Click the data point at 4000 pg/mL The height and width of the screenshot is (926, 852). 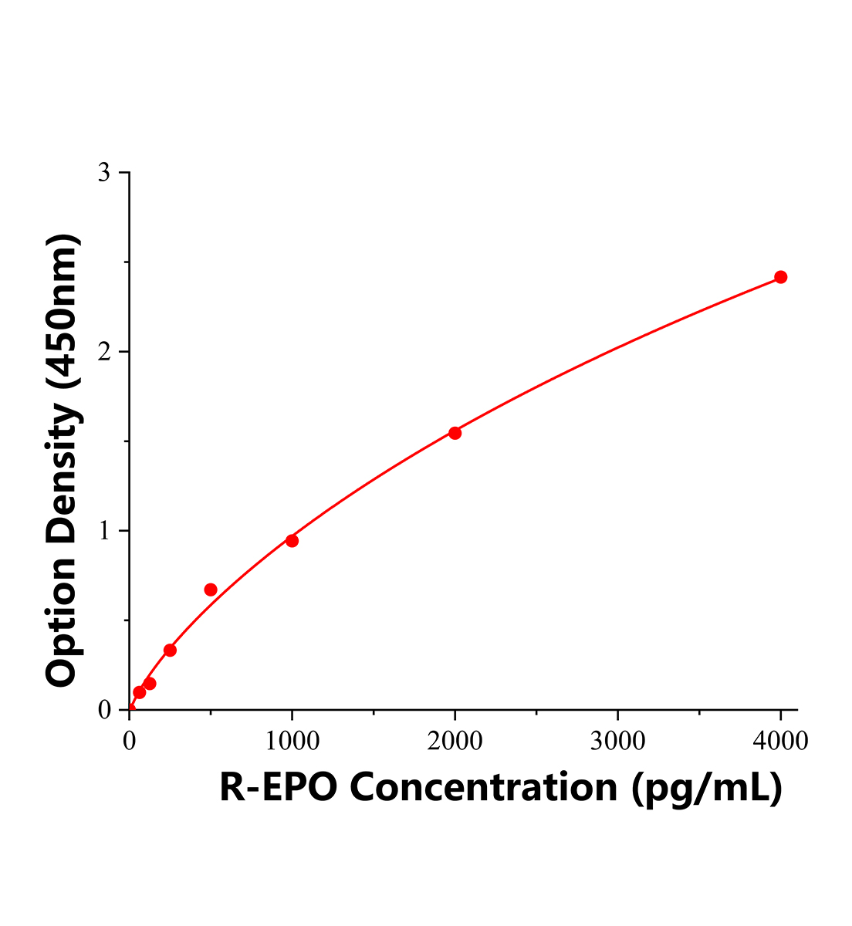click(780, 277)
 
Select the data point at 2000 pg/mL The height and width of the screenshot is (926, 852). click(455, 433)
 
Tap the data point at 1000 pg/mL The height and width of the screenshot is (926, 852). click(292, 541)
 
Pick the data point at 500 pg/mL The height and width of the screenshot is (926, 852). click(211, 590)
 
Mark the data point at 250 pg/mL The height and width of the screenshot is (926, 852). click(170, 651)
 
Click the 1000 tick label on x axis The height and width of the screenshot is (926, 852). click(292, 742)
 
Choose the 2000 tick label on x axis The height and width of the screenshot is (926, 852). click(455, 742)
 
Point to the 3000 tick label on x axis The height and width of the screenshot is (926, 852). click(617, 742)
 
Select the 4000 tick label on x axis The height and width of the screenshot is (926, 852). click(780, 742)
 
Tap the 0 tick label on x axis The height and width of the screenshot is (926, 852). click(130, 742)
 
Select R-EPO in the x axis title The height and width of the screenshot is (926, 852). click(277, 789)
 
